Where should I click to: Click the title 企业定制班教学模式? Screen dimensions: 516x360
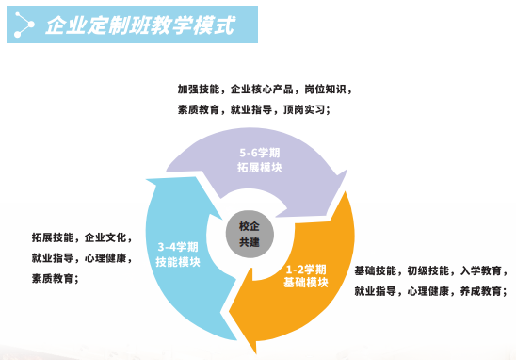[140, 25]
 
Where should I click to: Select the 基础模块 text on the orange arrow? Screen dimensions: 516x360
[306, 282]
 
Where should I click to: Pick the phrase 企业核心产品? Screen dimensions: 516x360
[262, 90]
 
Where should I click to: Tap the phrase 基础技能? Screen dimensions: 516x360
[376, 270]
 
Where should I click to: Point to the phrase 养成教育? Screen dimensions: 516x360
[481, 291]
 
